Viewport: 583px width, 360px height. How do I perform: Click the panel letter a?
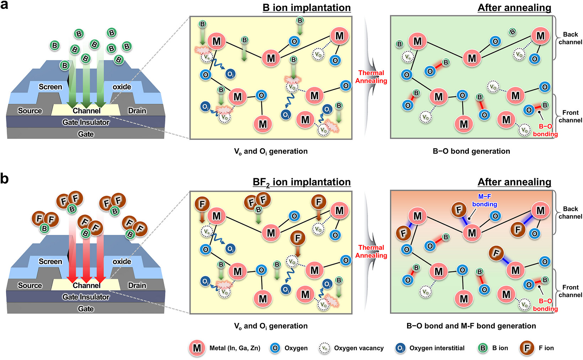[x=4, y=5]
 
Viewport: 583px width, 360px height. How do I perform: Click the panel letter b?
[x=4, y=179]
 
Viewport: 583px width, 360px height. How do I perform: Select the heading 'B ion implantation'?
[x=306, y=8]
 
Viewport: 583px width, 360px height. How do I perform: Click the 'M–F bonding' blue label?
[x=485, y=200]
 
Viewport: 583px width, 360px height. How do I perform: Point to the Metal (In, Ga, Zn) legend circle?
[x=197, y=348]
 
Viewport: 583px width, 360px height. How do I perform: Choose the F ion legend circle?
[x=527, y=348]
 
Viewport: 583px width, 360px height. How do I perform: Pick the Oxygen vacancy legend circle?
[x=324, y=348]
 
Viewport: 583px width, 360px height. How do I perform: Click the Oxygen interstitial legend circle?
[x=401, y=348]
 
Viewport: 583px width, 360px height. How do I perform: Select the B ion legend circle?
[x=483, y=348]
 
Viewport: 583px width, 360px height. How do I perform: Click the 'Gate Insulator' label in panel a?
[x=86, y=122]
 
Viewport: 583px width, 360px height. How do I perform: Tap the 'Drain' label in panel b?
[x=137, y=286]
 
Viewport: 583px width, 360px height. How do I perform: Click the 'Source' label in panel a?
[x=30, y=111]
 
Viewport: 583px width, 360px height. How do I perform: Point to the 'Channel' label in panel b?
[x=86, y=286]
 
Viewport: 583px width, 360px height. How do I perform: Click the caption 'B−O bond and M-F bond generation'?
[x=471, y=326]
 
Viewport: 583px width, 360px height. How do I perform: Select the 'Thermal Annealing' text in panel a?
[x=371, y=77]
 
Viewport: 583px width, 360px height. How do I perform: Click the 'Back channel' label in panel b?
[x=570, y=213]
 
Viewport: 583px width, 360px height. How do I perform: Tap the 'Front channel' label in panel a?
[x=570, y=116]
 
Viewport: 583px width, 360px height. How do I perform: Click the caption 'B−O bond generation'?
[x=471, y=151]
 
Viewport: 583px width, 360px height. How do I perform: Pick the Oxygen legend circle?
[x=275, y=348]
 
